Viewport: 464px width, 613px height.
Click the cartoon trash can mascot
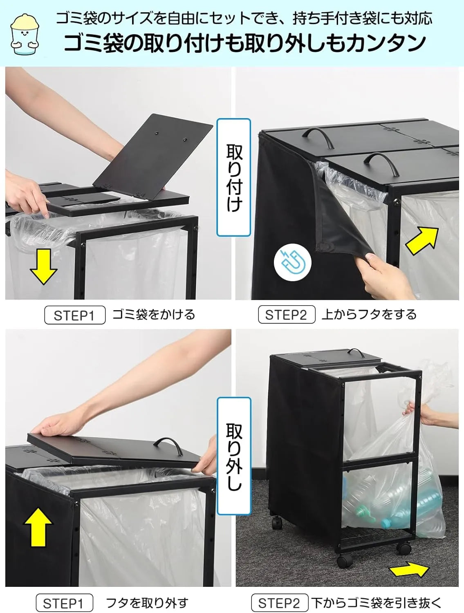pos(25,35)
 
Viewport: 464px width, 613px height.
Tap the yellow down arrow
pos(43,266)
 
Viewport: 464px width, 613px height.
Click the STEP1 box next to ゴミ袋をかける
pos(74,315)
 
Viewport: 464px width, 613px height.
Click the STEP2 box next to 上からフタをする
pos(286,315)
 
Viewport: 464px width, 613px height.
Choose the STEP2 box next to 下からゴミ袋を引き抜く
pos(280,603)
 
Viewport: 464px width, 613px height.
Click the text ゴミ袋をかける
pos(153,315)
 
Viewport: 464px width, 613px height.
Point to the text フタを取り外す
pos(147,603)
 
